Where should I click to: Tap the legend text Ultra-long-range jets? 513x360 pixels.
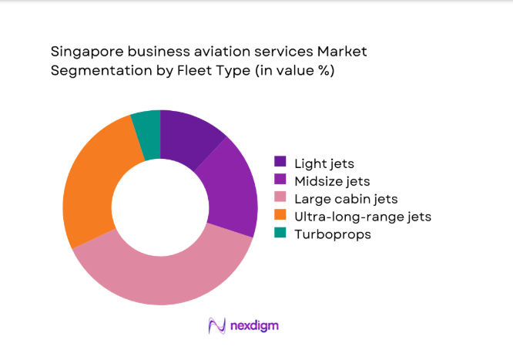click(x=363, y=217)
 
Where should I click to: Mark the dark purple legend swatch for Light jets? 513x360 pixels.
click(x=280, y=163)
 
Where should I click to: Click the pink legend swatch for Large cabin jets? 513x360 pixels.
click(x=280, y=199)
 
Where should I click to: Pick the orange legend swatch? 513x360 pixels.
click(x=280, y=217)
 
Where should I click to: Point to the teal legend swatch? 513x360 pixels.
click(x=280, y=234)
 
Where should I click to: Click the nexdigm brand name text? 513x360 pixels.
click(x=255, y=325)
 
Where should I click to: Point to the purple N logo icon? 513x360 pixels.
click(x=217, y=325)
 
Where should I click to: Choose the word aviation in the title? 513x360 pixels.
click(x=225, y=52)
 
